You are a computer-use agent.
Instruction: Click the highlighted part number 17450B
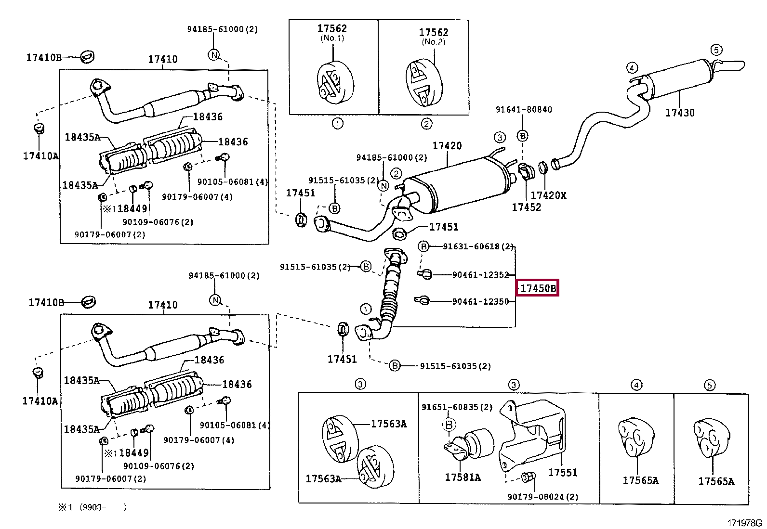pos(538,288)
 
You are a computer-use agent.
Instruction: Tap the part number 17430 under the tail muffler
pos(680,113)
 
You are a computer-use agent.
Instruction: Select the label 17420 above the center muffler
pos(447,145)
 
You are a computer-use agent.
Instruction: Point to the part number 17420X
pos(548,195)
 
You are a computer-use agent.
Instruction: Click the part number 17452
pos(526,207)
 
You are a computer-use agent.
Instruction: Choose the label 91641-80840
pos(524,109)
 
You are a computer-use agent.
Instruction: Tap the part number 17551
pos(563,472)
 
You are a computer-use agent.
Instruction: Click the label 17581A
pos(463,477)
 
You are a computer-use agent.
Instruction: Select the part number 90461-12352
pos(480,275)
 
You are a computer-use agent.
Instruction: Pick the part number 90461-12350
pos(480,301)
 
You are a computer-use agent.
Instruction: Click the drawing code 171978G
pos(745,523)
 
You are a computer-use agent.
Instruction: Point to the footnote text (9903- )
pos(103,507)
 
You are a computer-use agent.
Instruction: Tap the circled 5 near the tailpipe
pos(716,50)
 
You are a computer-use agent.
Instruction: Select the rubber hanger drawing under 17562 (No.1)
pos(335,82)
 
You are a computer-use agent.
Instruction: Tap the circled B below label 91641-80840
pos(522,136)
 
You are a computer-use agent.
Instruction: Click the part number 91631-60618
pos(471,246)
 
